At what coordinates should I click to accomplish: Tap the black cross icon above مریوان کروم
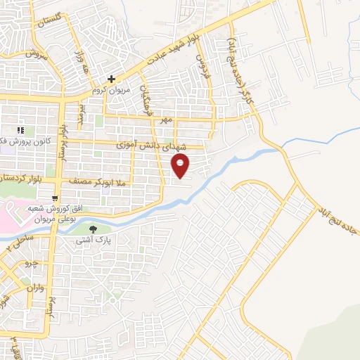click(x=111, y=79)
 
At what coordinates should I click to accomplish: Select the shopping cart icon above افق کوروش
click(x=55, y=199)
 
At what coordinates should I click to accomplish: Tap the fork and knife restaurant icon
click(x=22, y=130)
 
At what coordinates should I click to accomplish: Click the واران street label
click(x=34, y=288)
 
